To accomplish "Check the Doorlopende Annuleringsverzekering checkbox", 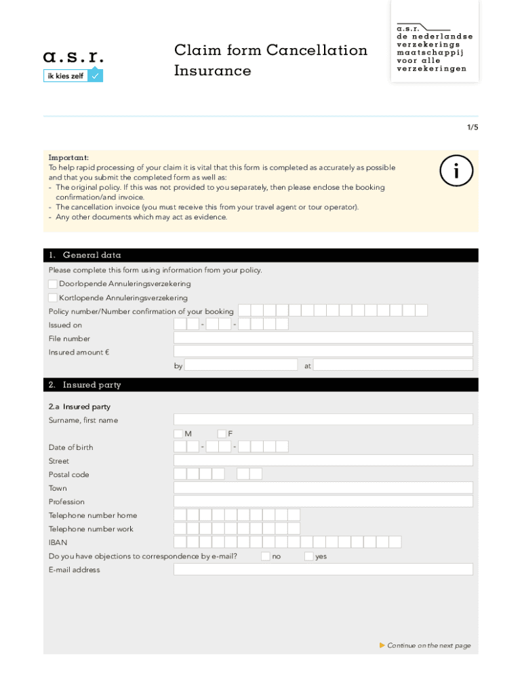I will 53,284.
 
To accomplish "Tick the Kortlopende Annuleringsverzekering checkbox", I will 53,298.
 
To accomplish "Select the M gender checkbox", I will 178,433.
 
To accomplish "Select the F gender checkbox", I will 222,433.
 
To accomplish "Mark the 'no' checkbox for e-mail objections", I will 266,556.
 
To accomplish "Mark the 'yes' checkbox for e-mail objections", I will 309,556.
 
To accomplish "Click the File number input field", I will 323,338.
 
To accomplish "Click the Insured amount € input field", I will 323,351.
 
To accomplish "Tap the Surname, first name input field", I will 323,420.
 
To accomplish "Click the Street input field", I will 323,460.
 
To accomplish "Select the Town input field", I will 323,487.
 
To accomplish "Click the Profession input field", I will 323,501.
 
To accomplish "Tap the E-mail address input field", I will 323,569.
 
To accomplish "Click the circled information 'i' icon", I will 456,173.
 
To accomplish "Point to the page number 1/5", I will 471,127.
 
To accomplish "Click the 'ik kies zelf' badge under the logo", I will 73,76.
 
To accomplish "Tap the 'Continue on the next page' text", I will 428,646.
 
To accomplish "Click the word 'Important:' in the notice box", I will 68,157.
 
